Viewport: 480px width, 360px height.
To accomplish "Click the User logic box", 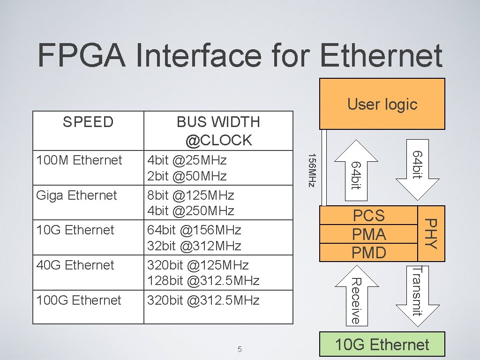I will (x=382, y=104).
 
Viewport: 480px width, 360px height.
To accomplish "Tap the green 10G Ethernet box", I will (x=382, y=345).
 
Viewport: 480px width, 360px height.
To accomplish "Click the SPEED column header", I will (x=88, y=122).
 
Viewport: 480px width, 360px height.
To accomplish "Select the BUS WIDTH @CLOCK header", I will (x=218, y=131).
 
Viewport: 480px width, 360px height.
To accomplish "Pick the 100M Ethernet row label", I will (x=79, y=160).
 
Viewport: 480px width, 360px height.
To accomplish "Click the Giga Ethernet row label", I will (x=76, y=195).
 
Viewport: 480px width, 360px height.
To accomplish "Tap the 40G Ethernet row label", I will (x=75, y=265).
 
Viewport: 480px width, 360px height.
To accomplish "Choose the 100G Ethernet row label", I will (x=79, y=300).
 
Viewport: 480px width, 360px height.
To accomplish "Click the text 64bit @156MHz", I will (x=194, y=230).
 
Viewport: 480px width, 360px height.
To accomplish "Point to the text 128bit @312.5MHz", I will (x=203, y=281).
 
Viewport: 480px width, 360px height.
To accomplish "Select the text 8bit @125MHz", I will (x=191, y=195).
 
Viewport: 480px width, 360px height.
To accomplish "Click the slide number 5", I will (x=240, y=349).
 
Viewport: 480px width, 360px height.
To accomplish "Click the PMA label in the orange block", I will (x=369, y=234).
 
